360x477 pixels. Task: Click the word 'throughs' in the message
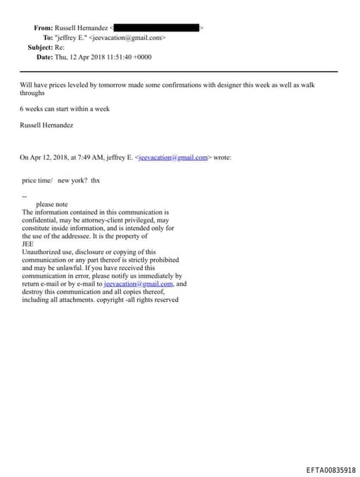point(32,93)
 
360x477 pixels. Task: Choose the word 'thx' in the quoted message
point(96,180)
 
